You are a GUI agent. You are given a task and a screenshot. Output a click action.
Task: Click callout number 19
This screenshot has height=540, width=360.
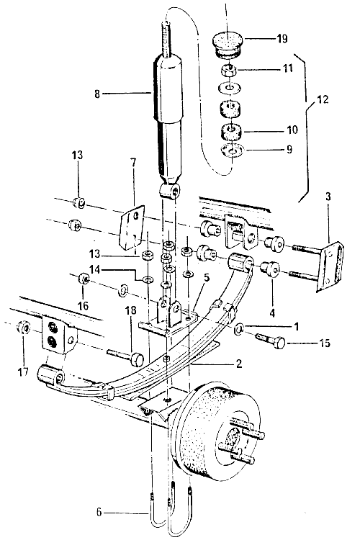pos(282,38)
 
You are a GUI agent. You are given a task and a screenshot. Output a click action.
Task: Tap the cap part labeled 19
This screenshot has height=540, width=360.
pos(227,45)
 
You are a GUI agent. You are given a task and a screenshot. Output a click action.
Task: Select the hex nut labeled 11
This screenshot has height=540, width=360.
pos(228,71)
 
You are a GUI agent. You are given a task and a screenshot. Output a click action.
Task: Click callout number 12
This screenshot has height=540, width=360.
pos(323,99)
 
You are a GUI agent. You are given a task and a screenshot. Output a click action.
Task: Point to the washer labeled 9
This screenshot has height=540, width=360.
pos(232,151)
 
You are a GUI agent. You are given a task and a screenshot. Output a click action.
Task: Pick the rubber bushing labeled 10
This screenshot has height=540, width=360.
pos(231,132)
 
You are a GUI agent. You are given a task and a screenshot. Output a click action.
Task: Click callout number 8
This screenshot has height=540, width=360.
pos(97,94)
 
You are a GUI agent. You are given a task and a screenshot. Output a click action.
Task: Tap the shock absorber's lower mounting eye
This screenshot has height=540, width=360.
pos(170,191)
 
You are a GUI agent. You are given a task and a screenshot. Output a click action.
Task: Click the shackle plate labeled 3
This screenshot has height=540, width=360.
pos(330,267)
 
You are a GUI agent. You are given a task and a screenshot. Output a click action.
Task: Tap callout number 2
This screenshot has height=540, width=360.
pos(239,364)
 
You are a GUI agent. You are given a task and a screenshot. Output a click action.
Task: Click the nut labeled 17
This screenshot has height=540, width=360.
pos(24,327)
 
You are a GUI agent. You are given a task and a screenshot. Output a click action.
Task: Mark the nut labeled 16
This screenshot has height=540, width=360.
pos(84,278)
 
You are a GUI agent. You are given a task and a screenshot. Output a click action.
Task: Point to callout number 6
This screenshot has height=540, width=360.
pos(99,513)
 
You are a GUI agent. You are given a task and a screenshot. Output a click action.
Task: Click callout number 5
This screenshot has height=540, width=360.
pos(207,277)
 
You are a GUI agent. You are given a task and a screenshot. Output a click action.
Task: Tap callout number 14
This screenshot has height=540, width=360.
pos(95,269)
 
